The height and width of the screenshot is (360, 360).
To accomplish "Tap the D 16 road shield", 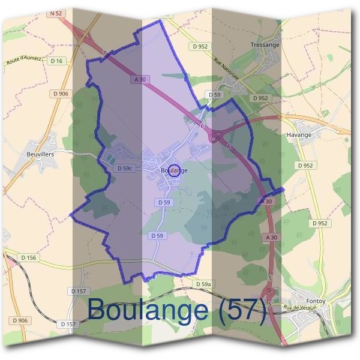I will tap(57, 61).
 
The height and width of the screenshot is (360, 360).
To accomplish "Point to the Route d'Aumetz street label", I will tap(25, 60).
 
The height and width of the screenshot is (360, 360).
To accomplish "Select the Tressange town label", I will tap(265, 45).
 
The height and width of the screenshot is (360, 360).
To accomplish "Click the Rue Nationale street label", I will tap(226, 68).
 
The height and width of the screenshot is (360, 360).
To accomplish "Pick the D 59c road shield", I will tap(124, 169).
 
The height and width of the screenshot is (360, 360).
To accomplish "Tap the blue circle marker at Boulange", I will tap(174, 170).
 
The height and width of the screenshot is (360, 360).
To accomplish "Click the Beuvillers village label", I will tap(41, 154).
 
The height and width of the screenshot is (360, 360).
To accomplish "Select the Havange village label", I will tap(299, 134).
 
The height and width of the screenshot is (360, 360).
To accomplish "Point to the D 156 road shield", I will tap(28, 257).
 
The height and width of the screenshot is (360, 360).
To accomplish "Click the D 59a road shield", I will tap(204, 283).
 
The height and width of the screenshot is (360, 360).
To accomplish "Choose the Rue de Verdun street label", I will tap(299, 308).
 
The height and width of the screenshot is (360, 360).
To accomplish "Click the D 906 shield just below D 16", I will tap(61, 93).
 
